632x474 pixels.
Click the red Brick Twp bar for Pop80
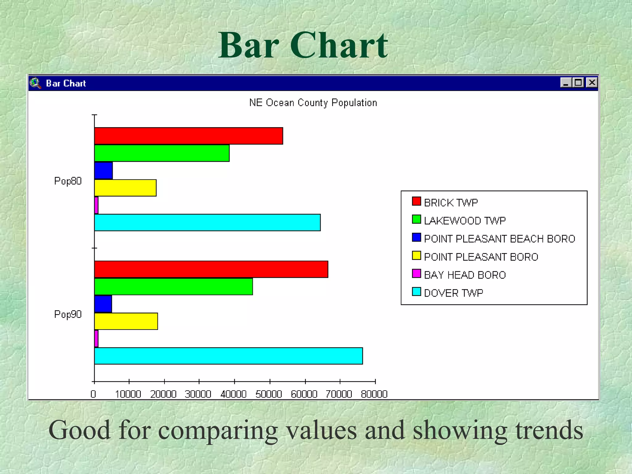click(x=189, y=136)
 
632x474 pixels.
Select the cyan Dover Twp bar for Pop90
click(x=228, y=356)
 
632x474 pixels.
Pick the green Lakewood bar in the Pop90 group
click(x=173, y=287)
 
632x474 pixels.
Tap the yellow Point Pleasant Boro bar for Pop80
click(x=125, y=188)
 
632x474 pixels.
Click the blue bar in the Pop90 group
click(x=103, y=304)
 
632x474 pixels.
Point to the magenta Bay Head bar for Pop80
click(x=96, y=205)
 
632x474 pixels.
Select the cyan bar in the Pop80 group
click(x=207, y=222)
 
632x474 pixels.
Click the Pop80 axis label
click(x=68, y=181)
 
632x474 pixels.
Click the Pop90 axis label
click(x=68, y=314)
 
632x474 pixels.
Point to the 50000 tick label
click(x=269, y=394)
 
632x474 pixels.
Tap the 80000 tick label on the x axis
click(x=374, y=394)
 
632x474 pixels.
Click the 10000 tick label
click(x=128, y=394)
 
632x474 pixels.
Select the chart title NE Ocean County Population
click(x=313, y=103)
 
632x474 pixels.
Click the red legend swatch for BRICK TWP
click(x=416, y=201)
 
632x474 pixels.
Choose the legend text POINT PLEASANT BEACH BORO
click(x=499, y=239)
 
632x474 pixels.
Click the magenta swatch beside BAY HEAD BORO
click(x=416, y=273)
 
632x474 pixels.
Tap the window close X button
click(x=592, y=83)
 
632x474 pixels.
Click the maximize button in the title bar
click(x=578, y=83)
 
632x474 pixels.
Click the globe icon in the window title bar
click(x=35, y=83)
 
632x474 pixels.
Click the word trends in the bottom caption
click(x=549, y=430)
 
